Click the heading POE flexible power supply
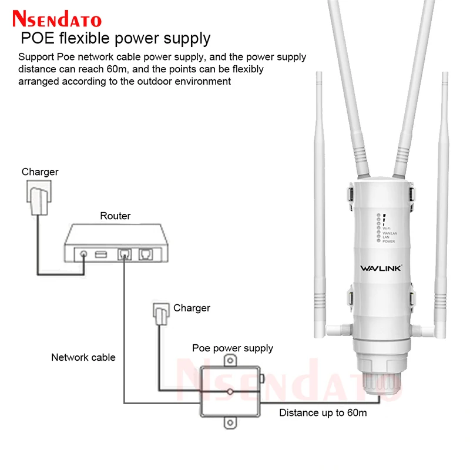click(x=116, y=39)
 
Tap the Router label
click(x=115, y=216)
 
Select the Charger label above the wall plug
click(x=40, y=172)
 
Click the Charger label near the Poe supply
click(x=192, y=308)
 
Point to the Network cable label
click(x=83, y=357)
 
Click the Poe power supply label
click(x=233, y=348)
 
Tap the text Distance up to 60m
click(x=323, y=412)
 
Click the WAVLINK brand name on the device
click(x=380, y=268)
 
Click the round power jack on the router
click(x=85, y=256)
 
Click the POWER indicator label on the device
click(x=389, y=241)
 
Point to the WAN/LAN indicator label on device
click(x=390, y=232)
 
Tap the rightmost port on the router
click(x=145, y=255)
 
